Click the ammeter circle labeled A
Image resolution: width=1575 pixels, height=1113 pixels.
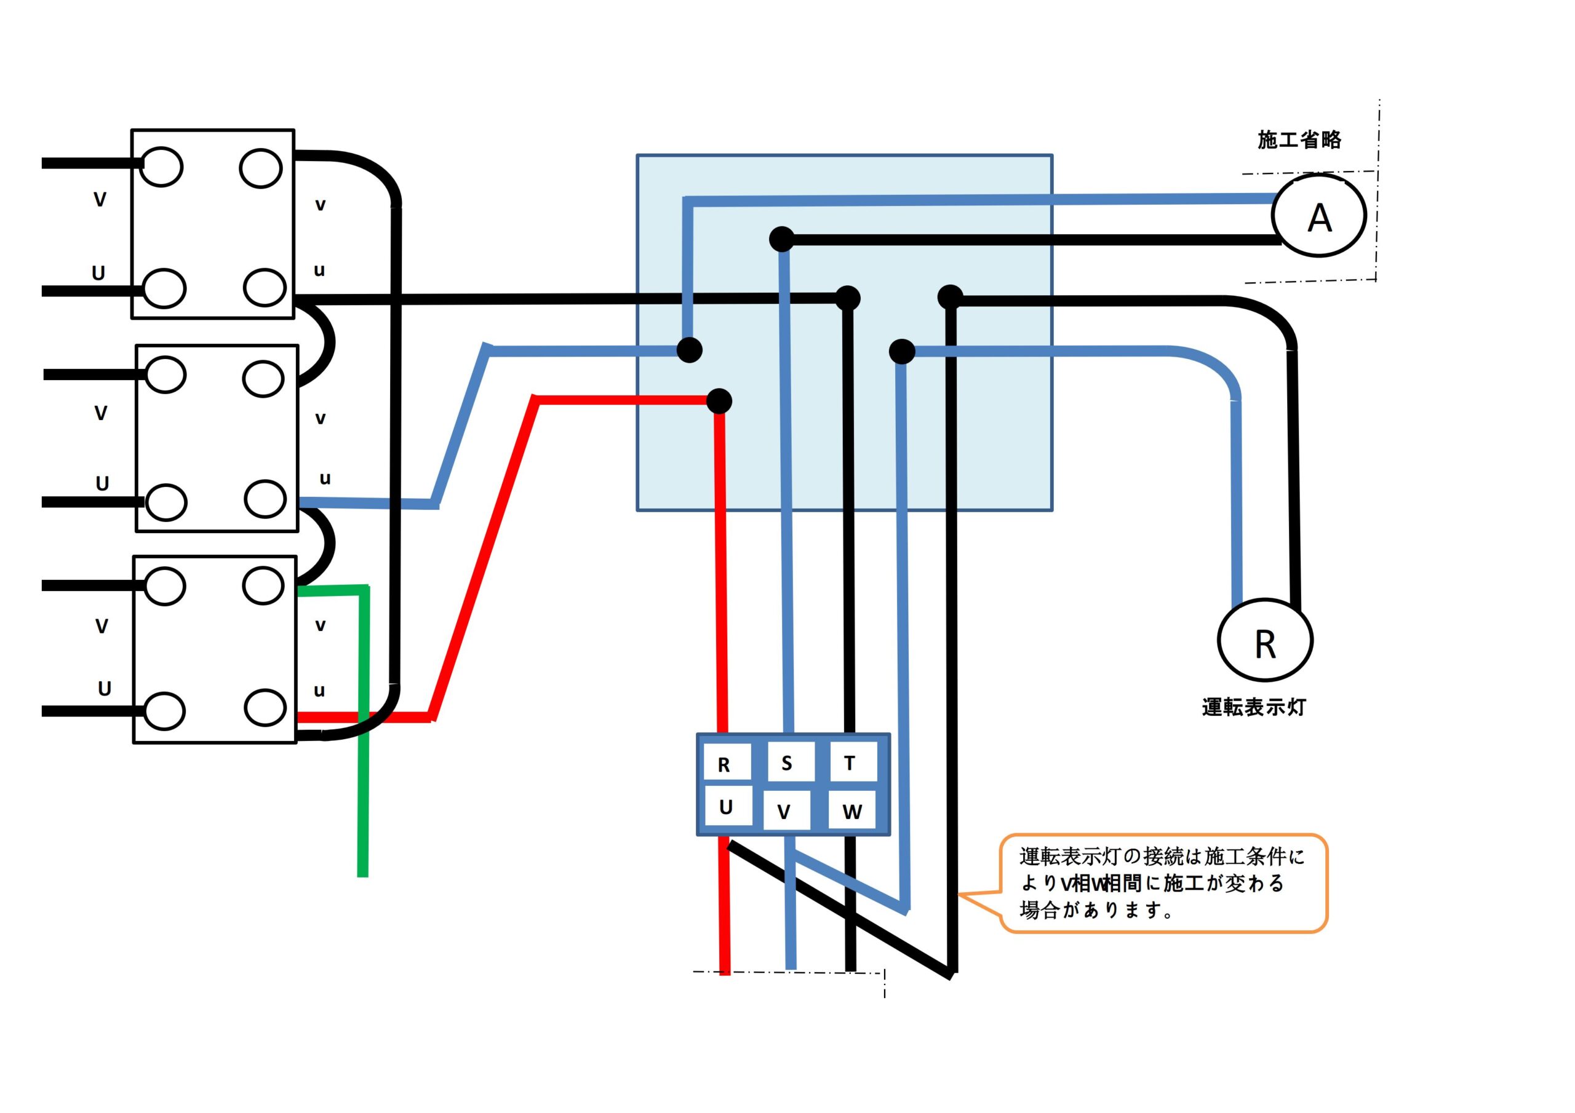(1318, 215)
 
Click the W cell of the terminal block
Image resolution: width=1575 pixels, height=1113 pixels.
(851, 811)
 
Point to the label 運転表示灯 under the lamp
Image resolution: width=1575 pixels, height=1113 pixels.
(1253, 707)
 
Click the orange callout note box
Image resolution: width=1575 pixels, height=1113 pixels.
(1163, 883)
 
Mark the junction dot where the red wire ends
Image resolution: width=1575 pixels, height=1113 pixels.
(719, 401)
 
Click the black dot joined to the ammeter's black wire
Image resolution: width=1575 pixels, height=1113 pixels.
(781, 239)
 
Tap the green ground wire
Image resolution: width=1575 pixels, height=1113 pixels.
(363, 755)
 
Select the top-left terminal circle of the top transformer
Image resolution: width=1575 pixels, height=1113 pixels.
(162, 167)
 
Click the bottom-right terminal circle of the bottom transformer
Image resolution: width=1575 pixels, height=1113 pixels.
(265, 707)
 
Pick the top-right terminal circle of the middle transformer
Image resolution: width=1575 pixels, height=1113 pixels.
(263, 378)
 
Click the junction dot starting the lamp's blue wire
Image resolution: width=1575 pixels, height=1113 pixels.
(902, 352)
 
